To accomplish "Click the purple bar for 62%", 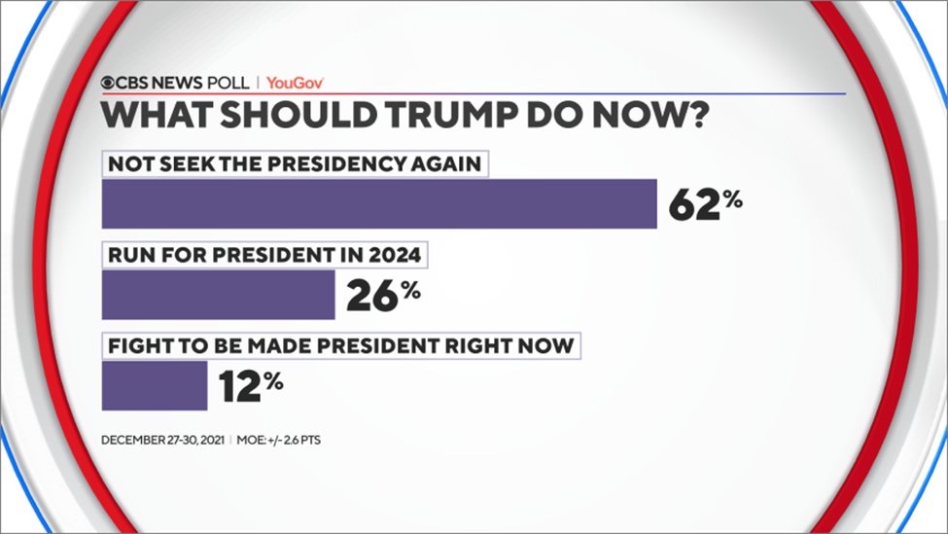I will (379, 203).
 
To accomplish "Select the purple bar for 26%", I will (218, 295).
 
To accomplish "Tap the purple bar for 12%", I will (155, 385).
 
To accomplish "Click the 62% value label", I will (706, 203).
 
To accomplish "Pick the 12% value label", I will (250, 385).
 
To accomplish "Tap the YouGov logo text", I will (295, 83).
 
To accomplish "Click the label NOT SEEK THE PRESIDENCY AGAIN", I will (295, 164).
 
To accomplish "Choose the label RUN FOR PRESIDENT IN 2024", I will (265, 257).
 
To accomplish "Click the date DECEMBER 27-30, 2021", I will (163, 440).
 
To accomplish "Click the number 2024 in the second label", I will (396, 257).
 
